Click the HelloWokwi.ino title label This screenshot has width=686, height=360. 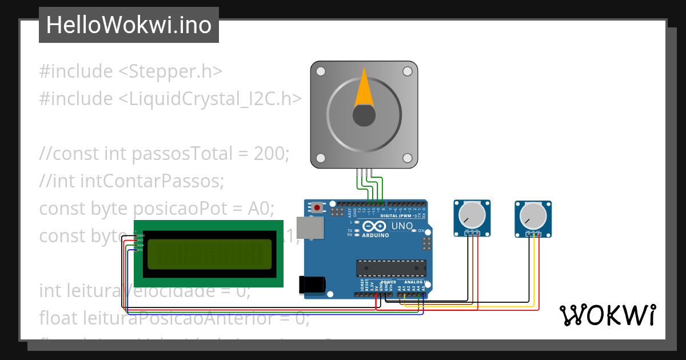tap(129, 25)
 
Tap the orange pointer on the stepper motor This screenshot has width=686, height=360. tap(364, 89)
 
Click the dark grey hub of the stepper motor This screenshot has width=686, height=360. tap(364, 116)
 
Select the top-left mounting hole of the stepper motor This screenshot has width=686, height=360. tap(321, 71)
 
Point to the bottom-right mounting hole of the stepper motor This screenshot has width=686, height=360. tap(407, 158)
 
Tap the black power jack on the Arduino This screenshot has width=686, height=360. tap(312, 285)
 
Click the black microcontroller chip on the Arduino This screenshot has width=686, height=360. tap(391, 267)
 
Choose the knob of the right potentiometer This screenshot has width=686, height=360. tap(533, 216)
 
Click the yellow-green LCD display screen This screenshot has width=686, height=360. tap(209, 254)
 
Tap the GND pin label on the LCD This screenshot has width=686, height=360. tap(141, 235)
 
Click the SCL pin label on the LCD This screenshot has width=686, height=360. tap(141, 250)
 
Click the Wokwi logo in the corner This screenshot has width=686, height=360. tap(607, 315)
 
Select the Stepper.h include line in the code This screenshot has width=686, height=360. tap(130, 71)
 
